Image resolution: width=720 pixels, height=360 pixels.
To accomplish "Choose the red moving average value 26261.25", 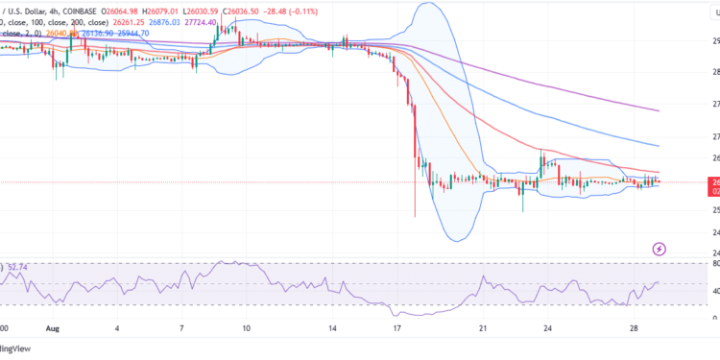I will tap(118, 21).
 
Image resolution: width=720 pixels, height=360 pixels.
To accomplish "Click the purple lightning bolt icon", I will tap(660, 249).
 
